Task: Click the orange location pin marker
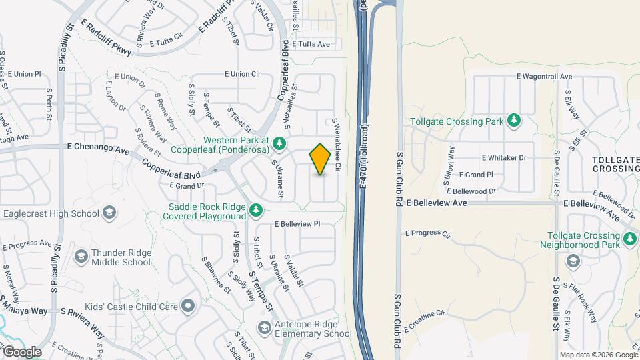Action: (321, 159)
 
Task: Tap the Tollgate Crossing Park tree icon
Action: (513, 121)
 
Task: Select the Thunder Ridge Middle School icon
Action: (81, 257)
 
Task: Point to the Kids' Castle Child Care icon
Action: (188, 307)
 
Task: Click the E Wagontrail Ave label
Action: (545, 77)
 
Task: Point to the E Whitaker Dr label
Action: (504, 158)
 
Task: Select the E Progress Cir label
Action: (428, 233)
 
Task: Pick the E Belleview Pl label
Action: (297, 225)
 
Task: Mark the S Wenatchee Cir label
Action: (338, 143)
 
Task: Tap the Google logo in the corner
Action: (22, 351)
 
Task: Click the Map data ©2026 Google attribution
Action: (598, 355)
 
